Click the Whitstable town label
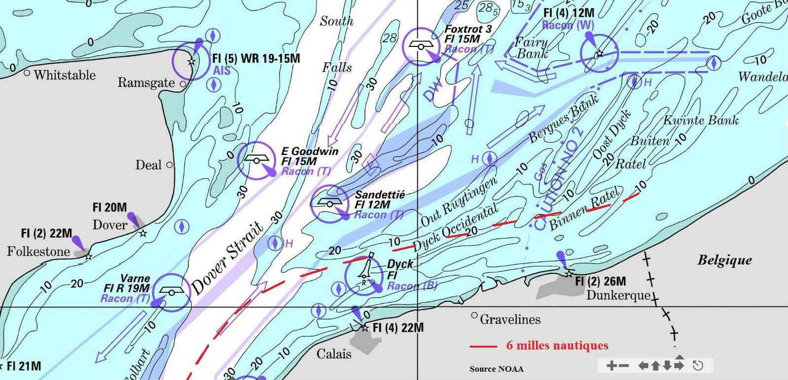click(65, 75)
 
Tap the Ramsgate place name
click(146, 82)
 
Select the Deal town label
click(148, 165)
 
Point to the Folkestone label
click(38, 252)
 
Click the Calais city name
click(334, 354)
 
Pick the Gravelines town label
click(510, 320)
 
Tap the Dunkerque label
click(618, 295)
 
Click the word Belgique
click(724, 260)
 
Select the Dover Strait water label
click(227, 259)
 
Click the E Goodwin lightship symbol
click(256, 159)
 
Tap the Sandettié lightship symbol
click(329, 202)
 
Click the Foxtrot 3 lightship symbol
click(421, 45)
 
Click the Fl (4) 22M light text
click(398, 328)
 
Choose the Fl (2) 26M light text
click(601, 281)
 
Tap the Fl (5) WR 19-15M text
click(256, 59)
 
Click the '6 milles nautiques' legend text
click(557, 345)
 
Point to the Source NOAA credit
click(496, 369)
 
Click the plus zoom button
click(611, 366)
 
